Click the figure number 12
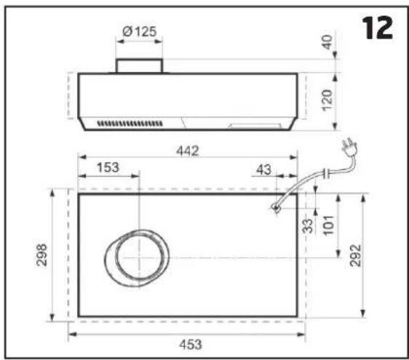coord(377,28)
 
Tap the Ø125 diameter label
coord(140,31)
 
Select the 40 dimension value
coord(327,42)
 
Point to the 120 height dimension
coord(327,100)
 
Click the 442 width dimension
coord(188,151)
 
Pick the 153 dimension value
coord(108,167)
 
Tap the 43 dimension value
coord(263,170)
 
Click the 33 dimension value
coord(308,225)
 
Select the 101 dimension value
coord(328,225)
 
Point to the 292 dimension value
coord(356,255)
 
